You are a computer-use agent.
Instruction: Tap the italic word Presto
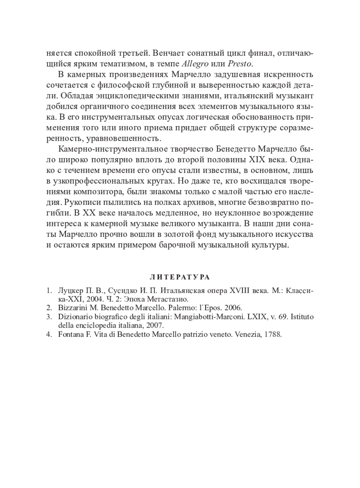(x=240, y=64)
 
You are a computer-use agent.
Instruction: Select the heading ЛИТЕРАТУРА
(x=180, y=277)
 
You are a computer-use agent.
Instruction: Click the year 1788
(x=273, y=335)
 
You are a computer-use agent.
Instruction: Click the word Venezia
(x=246, y=335)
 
